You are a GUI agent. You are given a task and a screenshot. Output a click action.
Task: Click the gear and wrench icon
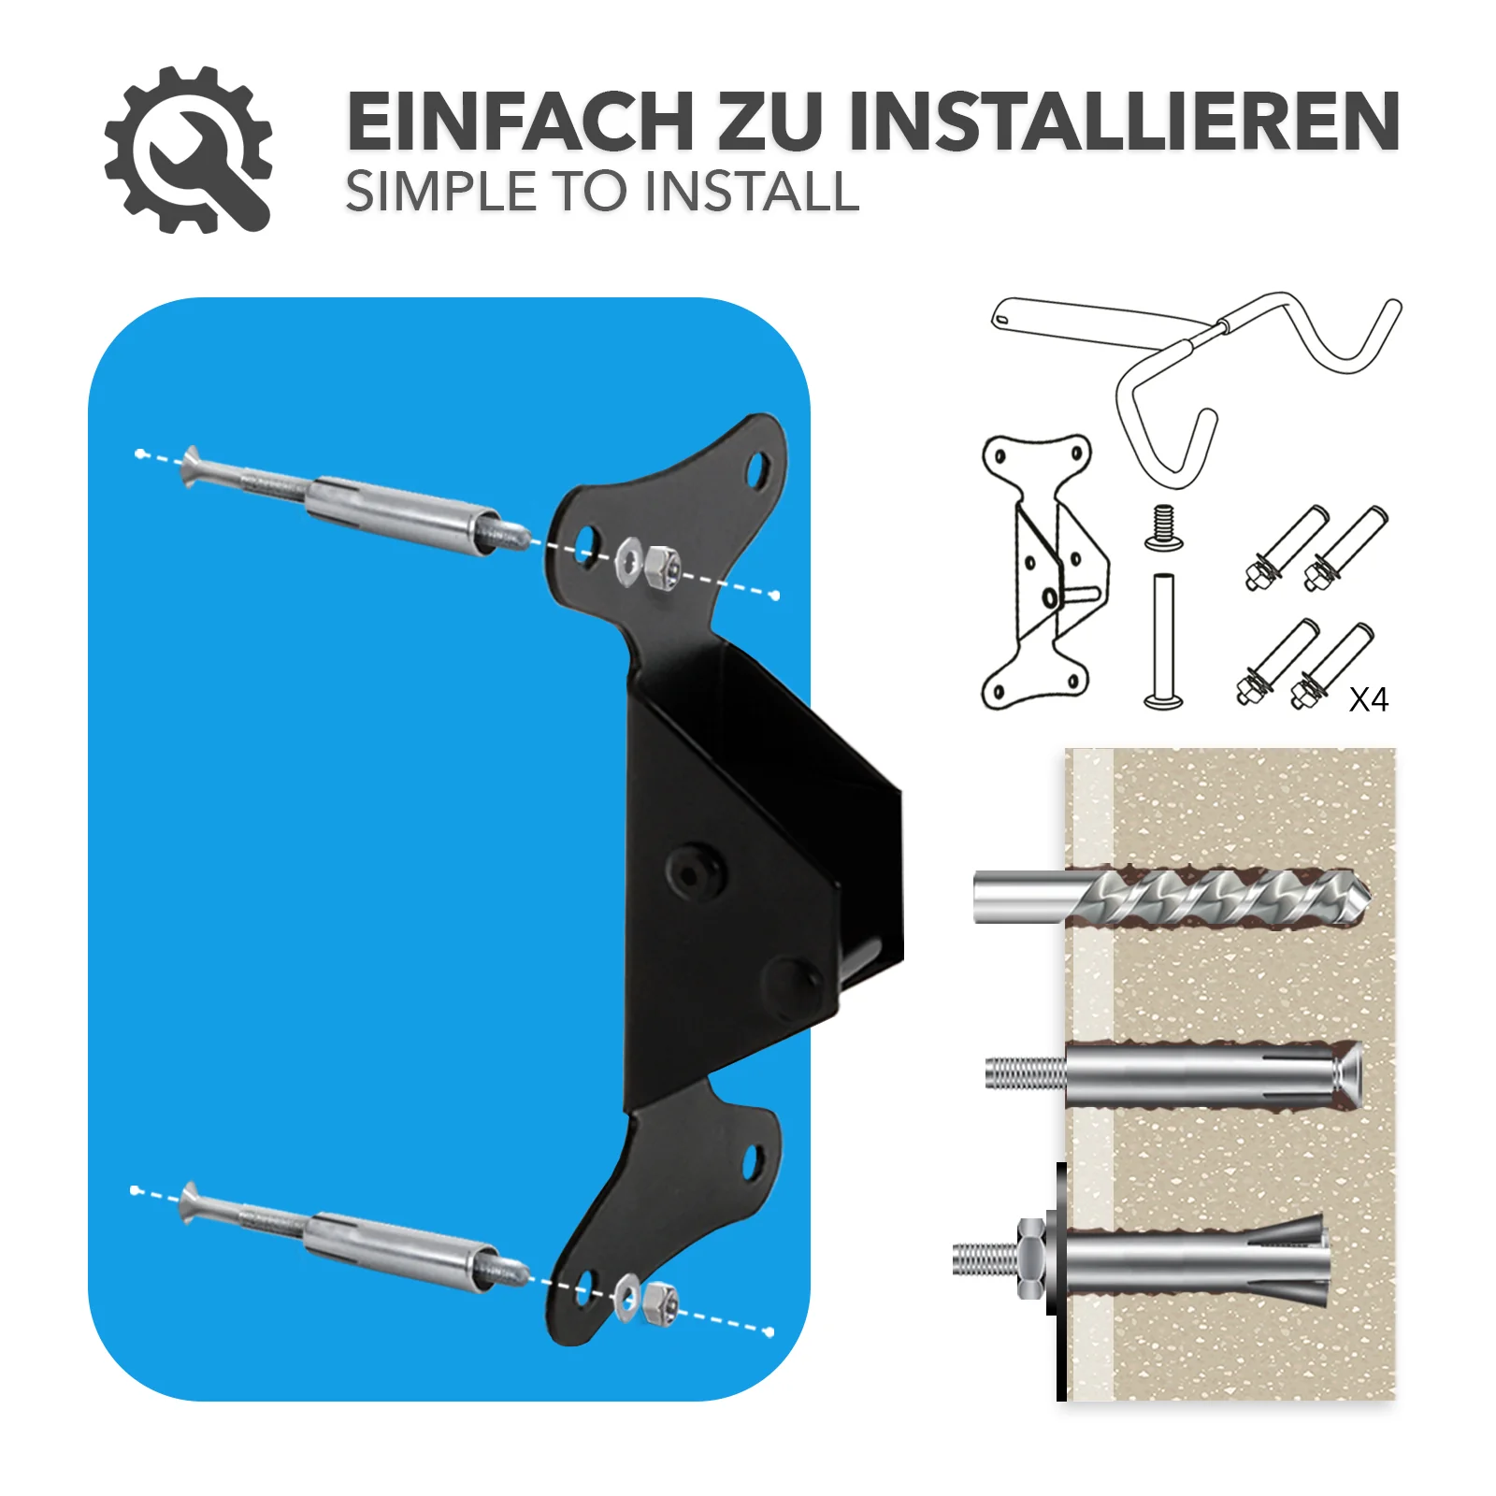188,150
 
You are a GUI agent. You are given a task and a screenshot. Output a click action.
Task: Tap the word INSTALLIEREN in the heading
1123,122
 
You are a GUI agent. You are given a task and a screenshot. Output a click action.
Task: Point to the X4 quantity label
1368,699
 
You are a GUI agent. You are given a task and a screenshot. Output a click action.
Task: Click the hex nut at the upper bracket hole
661,567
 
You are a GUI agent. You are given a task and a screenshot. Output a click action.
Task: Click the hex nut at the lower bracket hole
660,1302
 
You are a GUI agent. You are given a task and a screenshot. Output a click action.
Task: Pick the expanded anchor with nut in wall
1141,1259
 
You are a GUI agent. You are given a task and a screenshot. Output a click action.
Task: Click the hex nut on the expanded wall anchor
1030,1259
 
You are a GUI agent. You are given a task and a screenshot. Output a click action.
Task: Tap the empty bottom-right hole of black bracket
751,1162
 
